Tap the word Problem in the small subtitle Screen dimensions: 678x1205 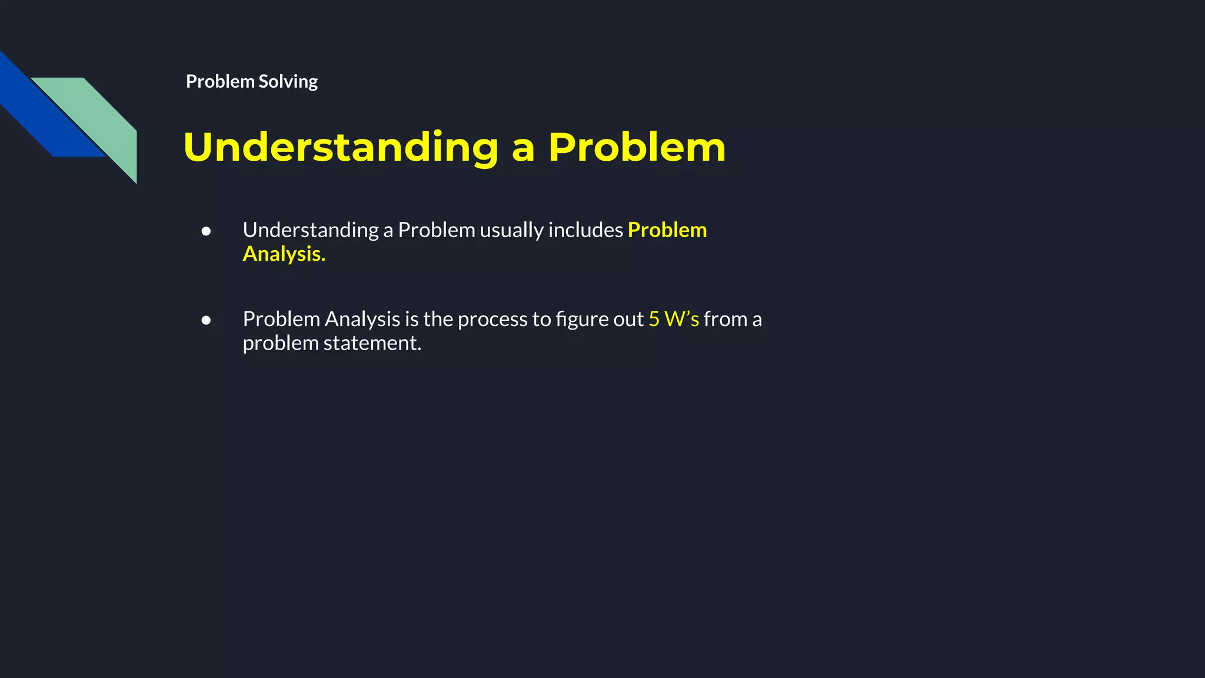pyautogui.click(x=220, y=81)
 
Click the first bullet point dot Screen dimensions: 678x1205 pyautogui.click(x=206, y=231)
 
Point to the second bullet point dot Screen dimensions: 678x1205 pyautogui.click(x=206, y=320)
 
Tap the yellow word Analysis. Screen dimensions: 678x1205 pyautogui.click(x=284, y=254)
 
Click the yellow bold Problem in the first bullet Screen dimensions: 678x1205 pyautogui.click(x=667, y=230)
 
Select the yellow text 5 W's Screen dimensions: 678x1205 pyautogui.click(x=674, y=319)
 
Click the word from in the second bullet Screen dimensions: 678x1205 pyautogui.click(x=725, y=319)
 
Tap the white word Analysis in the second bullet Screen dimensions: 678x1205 pyautogui.click(x=362, y=319)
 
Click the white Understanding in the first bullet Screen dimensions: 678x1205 pyautogui.click(x=311, y=230)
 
